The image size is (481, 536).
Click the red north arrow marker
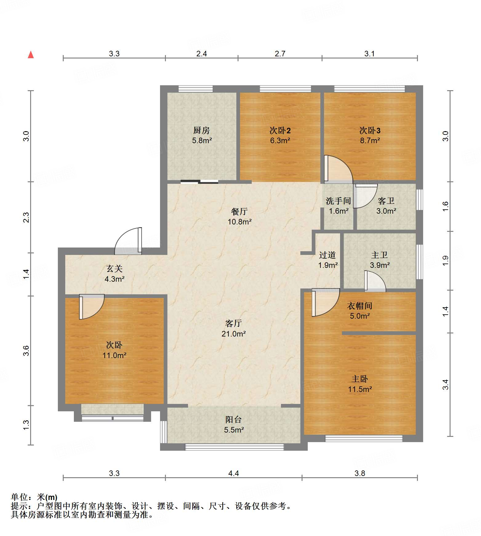click(x=31, y=54)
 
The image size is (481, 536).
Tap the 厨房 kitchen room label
click(x=202, y=130)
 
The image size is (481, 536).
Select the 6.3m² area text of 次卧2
click(x=280, y=140)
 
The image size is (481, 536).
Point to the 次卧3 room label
click(x=370, y=131)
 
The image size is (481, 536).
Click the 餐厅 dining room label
click(x=239, y=212)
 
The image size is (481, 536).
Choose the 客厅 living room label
click(x=234, y=323)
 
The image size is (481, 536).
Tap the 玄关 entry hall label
click(x=114, y=268)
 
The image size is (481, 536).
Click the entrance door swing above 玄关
click(x=128, y=241)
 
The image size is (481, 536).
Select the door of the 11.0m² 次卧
click(x=92, y=307)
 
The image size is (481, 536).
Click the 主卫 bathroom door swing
click(x=375, y=281)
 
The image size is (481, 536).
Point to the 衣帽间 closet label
click(x=360, y=306)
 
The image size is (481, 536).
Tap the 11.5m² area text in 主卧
click(x=360, y=389)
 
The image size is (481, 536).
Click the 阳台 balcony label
click(x=234, y=419)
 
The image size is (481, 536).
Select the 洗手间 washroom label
click(x=339, y=201)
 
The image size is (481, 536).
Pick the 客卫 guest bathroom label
click(x=386, y=201)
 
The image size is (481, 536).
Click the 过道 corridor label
click(x=327, y=255)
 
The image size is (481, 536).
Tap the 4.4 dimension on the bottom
click(x=234, y=473)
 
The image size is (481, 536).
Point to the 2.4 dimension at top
click(x=202, y=54)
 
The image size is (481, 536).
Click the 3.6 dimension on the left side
click(x=26, y=351)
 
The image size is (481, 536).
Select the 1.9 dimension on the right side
click(x=446, y=260)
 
